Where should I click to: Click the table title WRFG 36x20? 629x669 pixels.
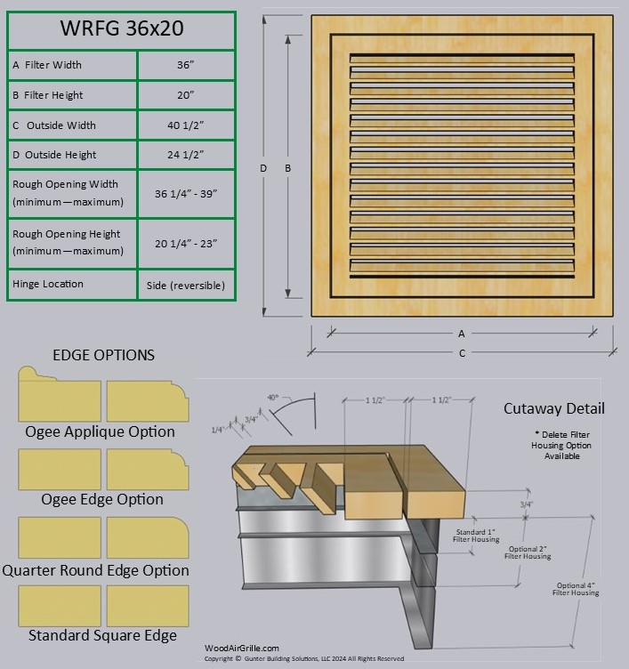[121, 28]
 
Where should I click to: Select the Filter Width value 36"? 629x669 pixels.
[186, 65]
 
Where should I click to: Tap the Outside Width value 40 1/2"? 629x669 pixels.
[186, 125]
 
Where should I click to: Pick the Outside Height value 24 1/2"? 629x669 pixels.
[186, 155]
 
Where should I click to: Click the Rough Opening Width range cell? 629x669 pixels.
[186, 193]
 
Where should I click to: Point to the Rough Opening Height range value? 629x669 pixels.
[186, 243]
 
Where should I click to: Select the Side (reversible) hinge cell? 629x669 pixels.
[186, 286]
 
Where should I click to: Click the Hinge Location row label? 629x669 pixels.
[48, 284]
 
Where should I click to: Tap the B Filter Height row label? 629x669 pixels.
[48, 95]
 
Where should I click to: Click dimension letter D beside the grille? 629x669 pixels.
[263, 168]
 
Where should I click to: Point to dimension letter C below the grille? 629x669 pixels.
[462, 354]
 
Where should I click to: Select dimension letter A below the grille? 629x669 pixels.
[462, 334]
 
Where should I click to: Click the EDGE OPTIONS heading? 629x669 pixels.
[103, 355]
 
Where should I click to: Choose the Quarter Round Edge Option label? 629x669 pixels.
[96, 570]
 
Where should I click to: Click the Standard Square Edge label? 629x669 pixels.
[102, 635]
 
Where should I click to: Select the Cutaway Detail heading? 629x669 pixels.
[553, 408]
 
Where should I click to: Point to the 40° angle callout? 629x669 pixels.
[272, 397]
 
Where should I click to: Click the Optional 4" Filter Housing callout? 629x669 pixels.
[577, 589]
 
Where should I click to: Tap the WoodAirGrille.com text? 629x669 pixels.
[242, 649]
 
